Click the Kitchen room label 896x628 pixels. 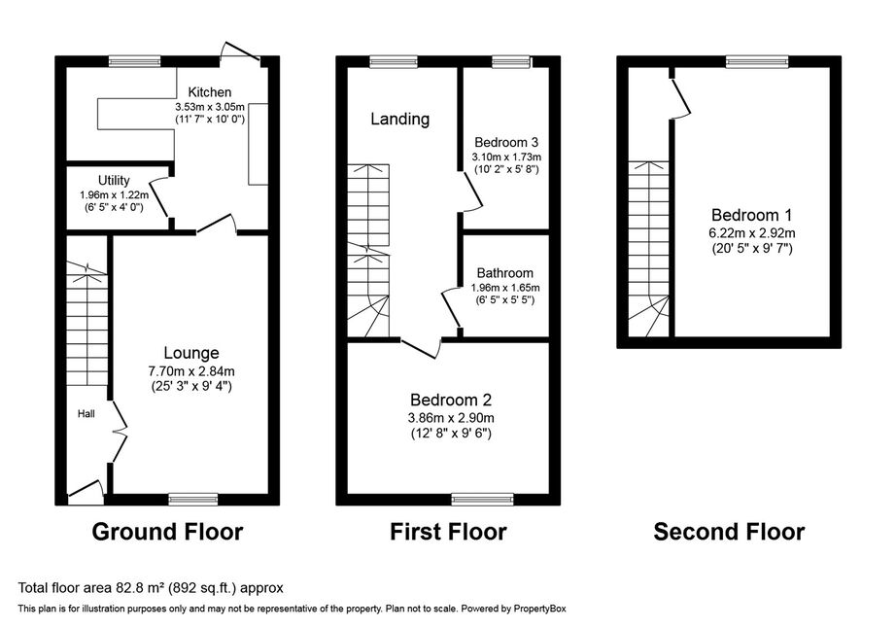click(210, 92)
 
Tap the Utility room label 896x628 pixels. click(114, 181)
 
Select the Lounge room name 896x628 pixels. click(191, 353)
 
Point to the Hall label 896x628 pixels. click(86, 414)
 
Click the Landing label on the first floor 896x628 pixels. click(400, 119)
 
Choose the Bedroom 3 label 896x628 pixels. click(506, 142)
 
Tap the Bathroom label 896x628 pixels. click(505, 273)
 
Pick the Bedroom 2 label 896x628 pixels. click(451, 400)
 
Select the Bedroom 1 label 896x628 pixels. click(752, 216)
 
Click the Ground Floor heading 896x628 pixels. click(167, 532)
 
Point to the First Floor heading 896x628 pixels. click(448, 532)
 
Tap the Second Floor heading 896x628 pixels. click(729, 532)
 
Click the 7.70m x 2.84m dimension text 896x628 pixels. click(191, 371)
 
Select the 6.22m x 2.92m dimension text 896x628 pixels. click(752, 233)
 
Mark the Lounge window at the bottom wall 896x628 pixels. click(193, 500)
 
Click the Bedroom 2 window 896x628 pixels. click(482, 500)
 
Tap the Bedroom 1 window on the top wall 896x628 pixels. click(757, 61)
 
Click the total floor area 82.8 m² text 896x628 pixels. click(151, 587)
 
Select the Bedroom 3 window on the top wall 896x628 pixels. click(511, 61)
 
